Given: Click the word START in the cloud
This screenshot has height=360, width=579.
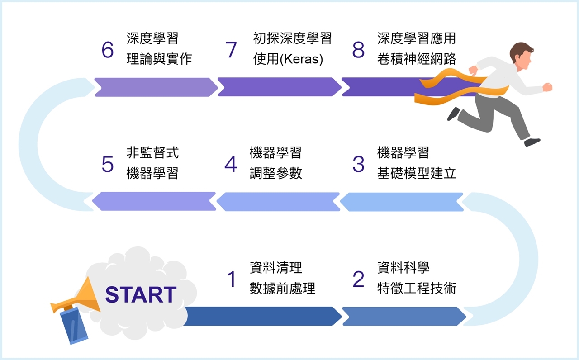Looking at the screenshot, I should pyautogui.click(x=141, y=295).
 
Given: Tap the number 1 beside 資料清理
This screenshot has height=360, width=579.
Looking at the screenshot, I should pyautogui.click(x=232, y=279).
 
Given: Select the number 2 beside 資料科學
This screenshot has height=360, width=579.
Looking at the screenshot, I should pyautogui.click(x=358, y=279).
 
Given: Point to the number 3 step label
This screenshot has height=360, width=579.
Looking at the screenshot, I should pyautogui.click(x=358, y=164).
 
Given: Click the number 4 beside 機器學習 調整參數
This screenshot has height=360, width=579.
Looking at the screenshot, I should pyautogui.click(x=231, y=164).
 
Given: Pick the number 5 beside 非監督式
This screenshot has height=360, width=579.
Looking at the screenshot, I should pyautogui.click(x=108, y=164).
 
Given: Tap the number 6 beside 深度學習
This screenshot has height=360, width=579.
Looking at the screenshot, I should pyautogui.click(x=108, y=50).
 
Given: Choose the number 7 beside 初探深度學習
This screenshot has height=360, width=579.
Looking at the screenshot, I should pyautogui.click(x=231, y=50).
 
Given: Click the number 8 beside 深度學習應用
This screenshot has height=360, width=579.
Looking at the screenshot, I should pyautogui.click(x=358, y=50).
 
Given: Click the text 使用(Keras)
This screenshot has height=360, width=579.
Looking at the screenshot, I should pyautogui.click(x=288, y=59).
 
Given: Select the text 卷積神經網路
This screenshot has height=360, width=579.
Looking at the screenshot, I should pyautogui.click(x=417, y=59).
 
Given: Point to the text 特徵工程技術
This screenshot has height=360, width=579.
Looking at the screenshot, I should pyautogui.click(x=417, y=289).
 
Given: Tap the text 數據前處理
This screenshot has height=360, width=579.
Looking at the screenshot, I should pyautogui.click(x=282, y=289).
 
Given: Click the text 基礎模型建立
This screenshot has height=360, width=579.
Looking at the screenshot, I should pyautogui.click(x=417, y=174).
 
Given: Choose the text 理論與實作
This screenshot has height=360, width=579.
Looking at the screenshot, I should pyautogui.click(x=159, y=59).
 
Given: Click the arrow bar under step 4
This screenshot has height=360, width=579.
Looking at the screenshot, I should pyautogui.click(x=278, y=202).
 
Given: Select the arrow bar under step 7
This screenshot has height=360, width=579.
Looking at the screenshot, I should pyautogui.click(x=279, y=87).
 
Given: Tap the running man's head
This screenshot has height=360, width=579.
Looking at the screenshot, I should pyautogui.click(x=522, y=53).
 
